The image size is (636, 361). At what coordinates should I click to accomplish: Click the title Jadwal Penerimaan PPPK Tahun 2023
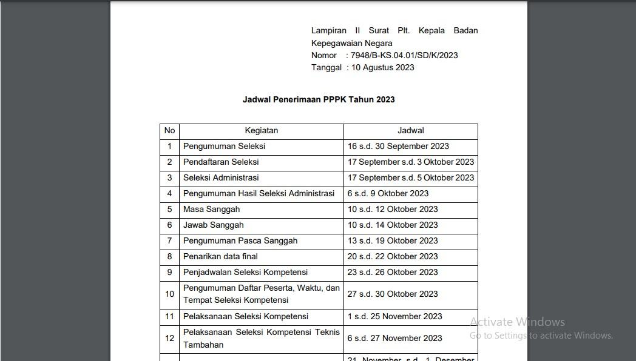tap(319, 99)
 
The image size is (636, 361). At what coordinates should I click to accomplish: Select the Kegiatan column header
tap(261, 130)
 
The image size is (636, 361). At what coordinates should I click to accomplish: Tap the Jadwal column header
tap(410, 130)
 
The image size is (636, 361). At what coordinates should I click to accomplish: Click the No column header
tap(169, 130)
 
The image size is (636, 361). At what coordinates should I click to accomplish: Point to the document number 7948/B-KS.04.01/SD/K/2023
tap(404, 55)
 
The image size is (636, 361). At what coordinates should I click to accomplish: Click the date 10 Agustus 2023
tap(382, 67)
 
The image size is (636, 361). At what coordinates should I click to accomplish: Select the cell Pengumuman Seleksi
tap(224, 146)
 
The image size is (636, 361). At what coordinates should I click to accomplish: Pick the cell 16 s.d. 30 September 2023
tap(398, 146)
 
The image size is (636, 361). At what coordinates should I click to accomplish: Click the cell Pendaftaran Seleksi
tap(221, 162)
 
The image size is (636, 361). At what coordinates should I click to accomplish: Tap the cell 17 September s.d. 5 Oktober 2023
tap(410, 177)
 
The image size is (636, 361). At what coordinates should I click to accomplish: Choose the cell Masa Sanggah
tap(211, 209)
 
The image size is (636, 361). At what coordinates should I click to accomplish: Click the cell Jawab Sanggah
tap(213, 225)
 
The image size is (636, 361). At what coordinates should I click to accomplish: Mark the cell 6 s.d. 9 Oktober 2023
tap(388, 193)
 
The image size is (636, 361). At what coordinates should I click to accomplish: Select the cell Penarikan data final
tap(220, 256)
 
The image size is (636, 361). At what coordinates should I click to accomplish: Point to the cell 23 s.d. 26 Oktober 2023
tap(393, 272)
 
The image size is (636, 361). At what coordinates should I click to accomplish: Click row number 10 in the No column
tap(169, 294)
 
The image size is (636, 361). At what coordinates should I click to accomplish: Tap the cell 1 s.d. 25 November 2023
tap(394, 316)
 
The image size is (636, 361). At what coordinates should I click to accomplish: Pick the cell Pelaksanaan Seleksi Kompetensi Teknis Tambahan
tap(261, 338)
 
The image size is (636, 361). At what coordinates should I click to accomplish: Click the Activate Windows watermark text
tap(517, 322)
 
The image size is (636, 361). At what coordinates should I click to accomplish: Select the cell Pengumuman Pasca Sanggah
tap(240, 240)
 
